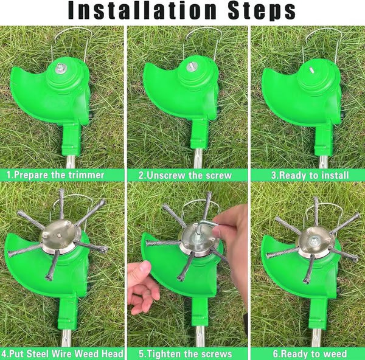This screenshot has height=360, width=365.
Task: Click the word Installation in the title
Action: point(139,11)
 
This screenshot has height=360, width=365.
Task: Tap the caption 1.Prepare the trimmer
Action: point(56,175)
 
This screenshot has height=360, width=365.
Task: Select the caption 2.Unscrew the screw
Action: point(185,175)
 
